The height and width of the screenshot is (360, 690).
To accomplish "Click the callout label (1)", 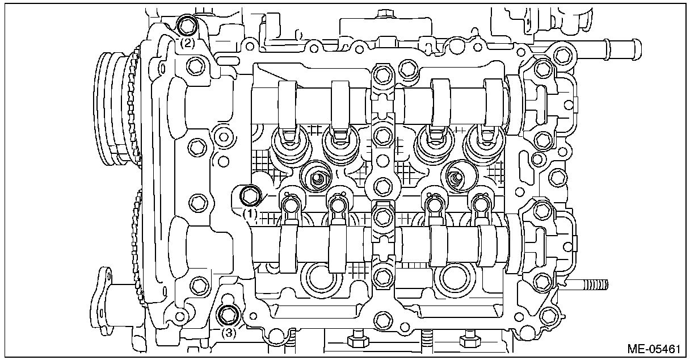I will pyautogui.click(x=250, y=214).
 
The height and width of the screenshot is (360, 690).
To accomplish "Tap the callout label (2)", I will pyautogui.click(x=188, y=42).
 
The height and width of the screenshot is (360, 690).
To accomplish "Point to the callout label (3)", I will pyautogui.click(x=228, y=333).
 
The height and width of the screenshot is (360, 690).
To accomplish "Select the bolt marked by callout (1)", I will pyautogui.click(x=250, y=196).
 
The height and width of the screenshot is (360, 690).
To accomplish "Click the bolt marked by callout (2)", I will pyautogui.click(x=187, y=25).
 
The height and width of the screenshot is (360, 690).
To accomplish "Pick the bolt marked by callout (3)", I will pyautogui.click(x=228, y=314).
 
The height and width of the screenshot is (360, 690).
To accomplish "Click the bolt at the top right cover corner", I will pyautogui.click(x=561, y=55).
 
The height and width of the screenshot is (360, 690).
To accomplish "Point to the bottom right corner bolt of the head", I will pyautogui.click(x=549, y=313).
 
